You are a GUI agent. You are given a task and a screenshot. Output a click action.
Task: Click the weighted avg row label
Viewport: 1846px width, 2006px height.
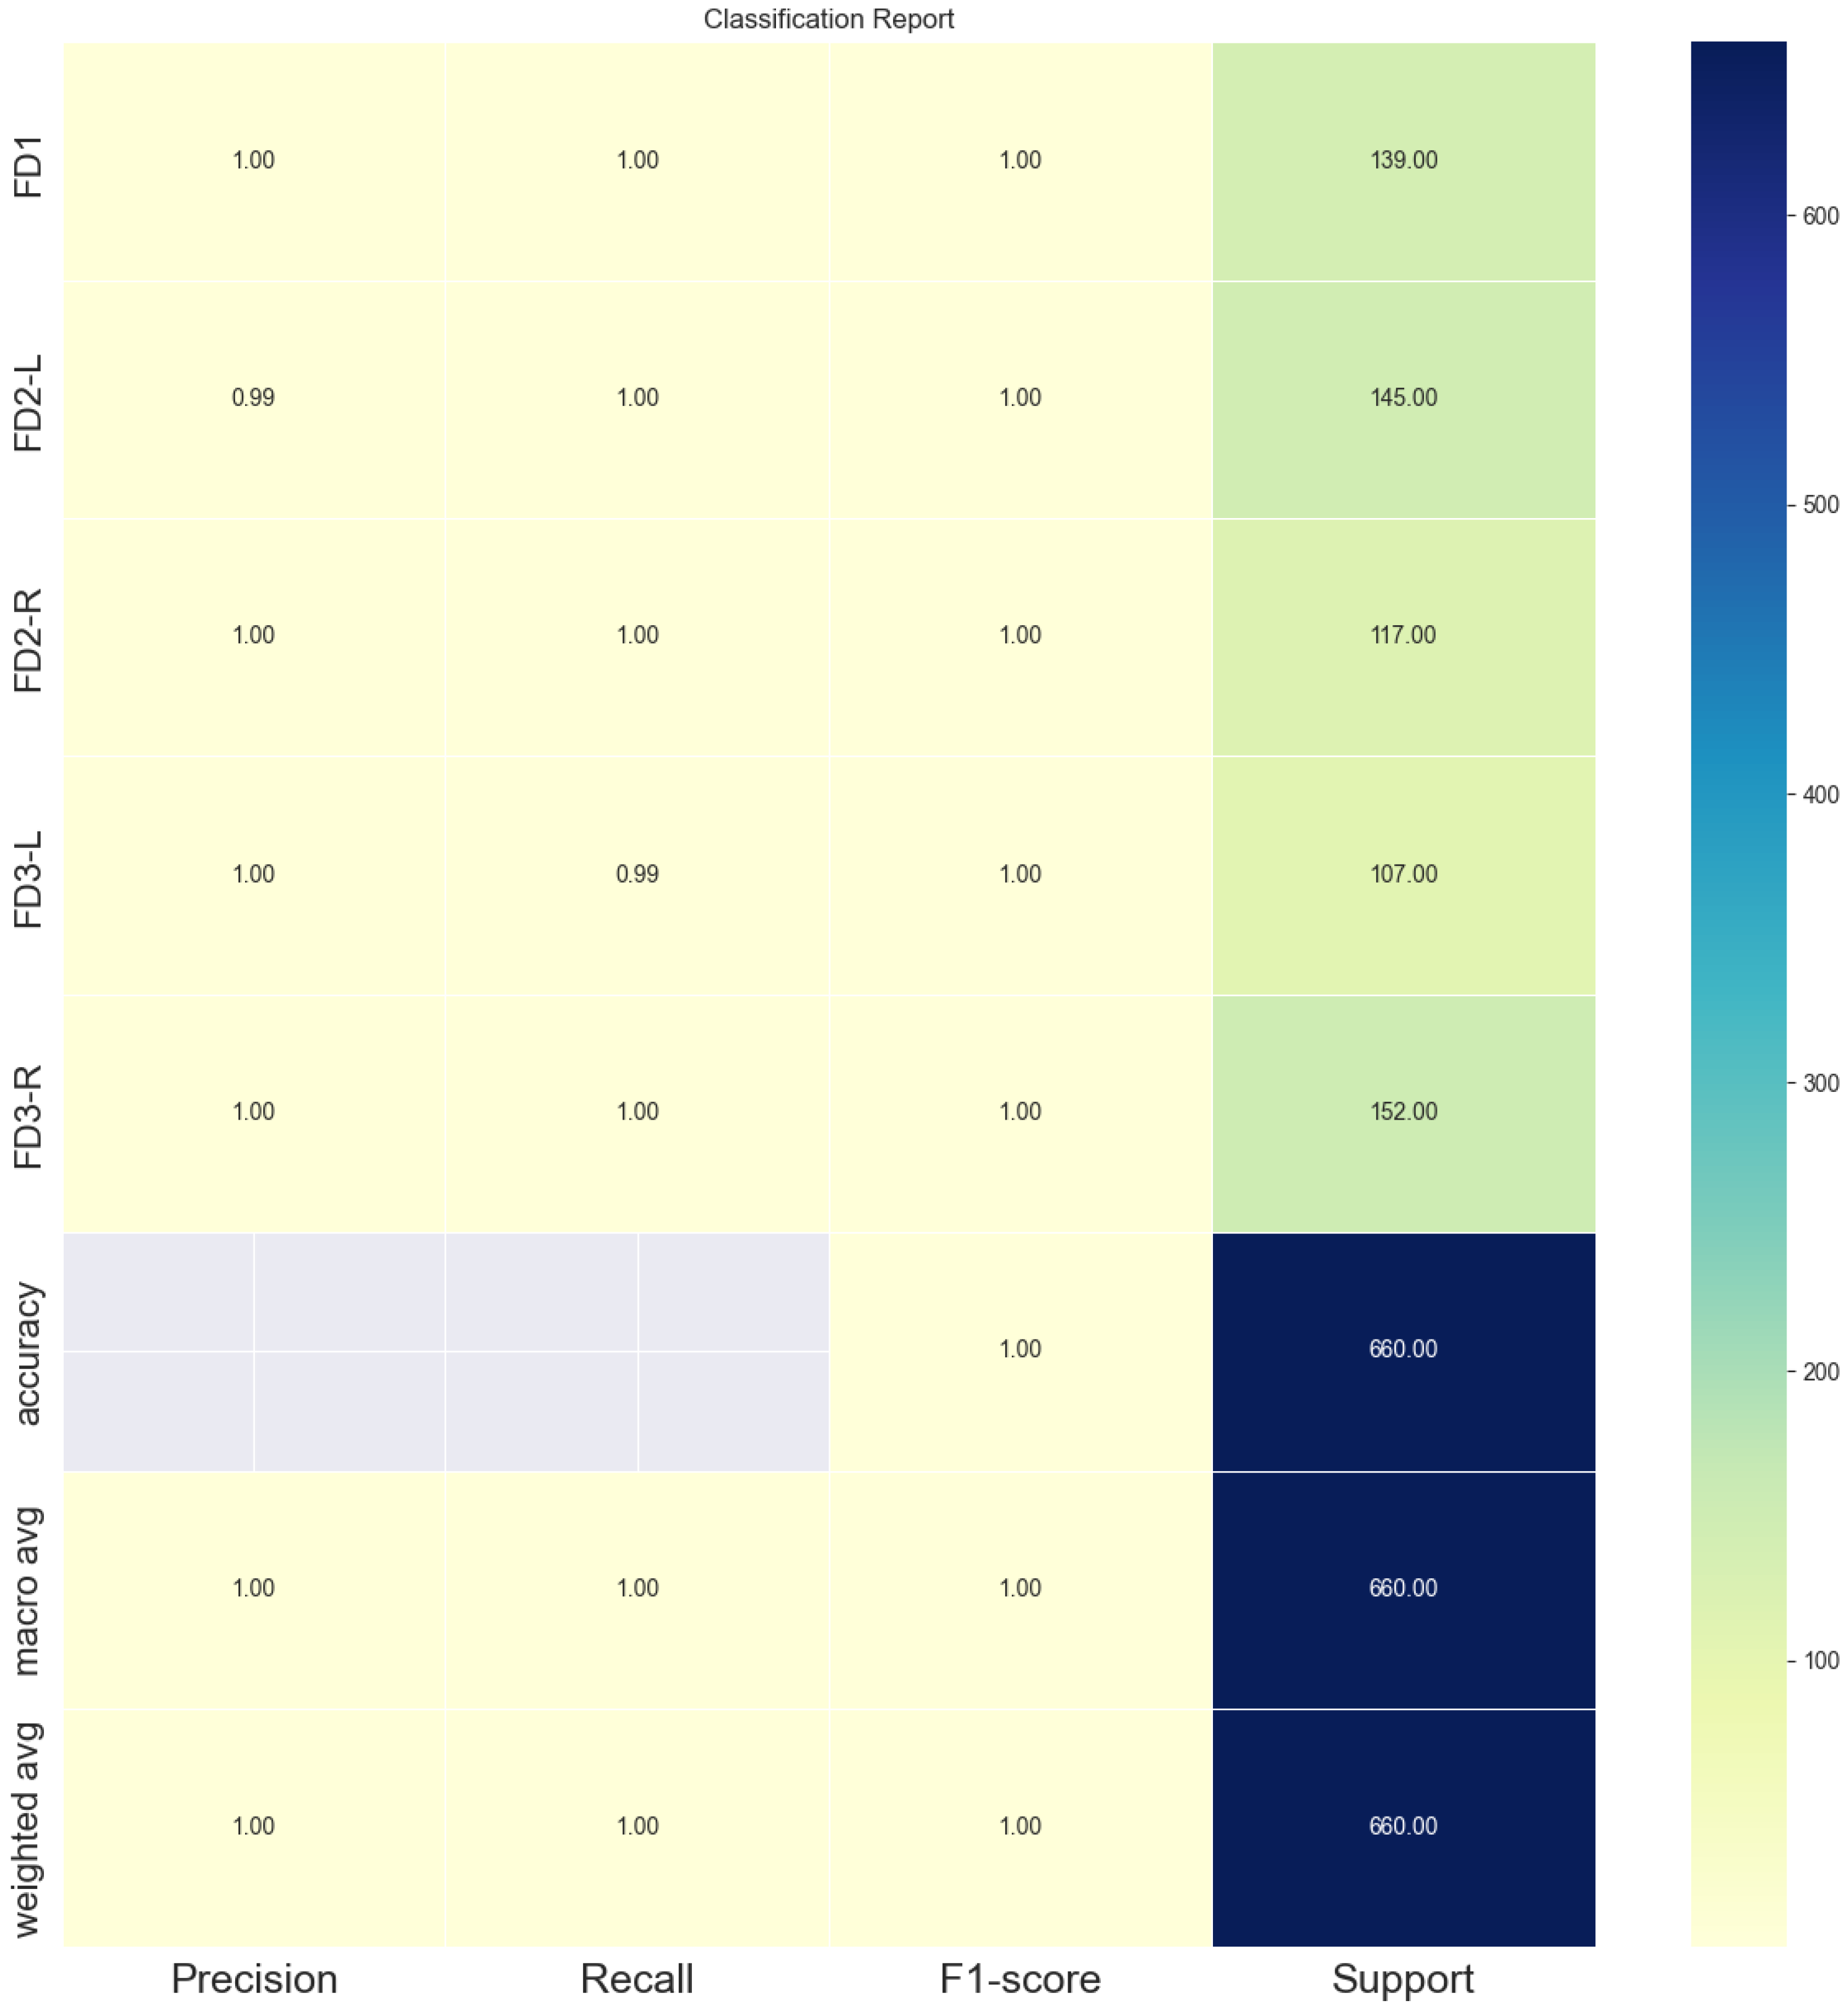(27, 1829)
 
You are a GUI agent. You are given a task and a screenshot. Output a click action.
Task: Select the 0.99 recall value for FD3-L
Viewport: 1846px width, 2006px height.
(637, 874)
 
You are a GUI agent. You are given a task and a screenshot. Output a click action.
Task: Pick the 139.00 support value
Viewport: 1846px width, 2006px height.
(1404, 160)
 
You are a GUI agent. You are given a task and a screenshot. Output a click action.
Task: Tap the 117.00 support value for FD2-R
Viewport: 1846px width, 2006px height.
(1404, 636)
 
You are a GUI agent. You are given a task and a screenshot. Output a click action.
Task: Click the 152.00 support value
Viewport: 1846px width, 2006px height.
(1404, 1112)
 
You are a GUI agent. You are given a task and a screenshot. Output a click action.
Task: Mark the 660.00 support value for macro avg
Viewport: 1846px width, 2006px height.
(1404, 1588)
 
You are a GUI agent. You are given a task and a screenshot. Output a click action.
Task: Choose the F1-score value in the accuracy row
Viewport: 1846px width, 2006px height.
(1020, 1350)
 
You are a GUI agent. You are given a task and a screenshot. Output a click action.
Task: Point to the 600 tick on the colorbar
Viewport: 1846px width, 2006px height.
(1820, 216)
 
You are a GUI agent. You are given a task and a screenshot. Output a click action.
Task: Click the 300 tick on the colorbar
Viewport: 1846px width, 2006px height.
(1820, 1083)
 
